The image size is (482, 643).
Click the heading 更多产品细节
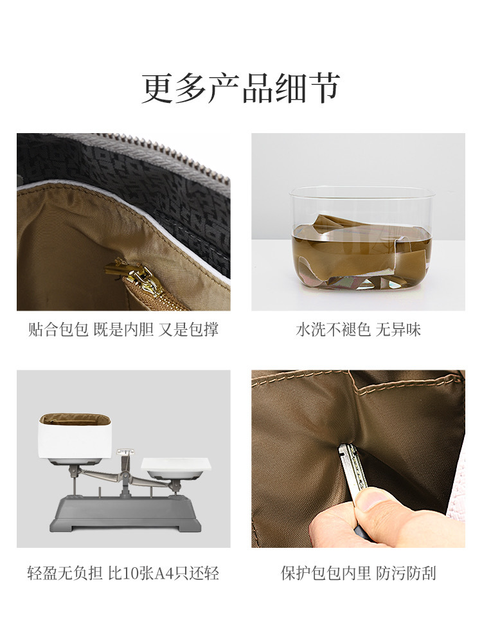pyautogui.click(x=240, y=88)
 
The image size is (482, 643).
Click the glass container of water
pyautogui.click(x=357, y=239)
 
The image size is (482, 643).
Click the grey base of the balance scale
pyautogui.click(x=125, y=514)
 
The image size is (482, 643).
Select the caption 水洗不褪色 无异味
pyautogui.click(x=358, y=330)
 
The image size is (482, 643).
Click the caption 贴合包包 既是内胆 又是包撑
pyautogui.click(x=123, y=330)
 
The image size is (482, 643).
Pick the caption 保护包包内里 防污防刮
pyautogui.click(x=358, y=573)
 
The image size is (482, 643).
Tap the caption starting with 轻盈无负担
pyautogui.click(x=123, y=573)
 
